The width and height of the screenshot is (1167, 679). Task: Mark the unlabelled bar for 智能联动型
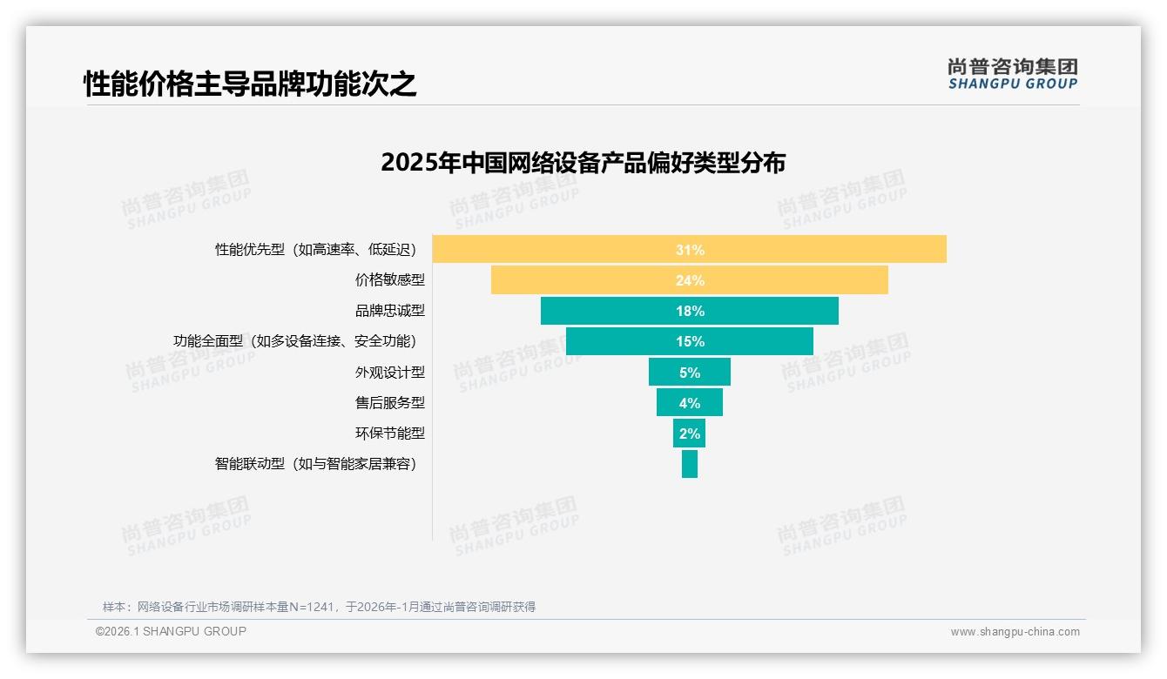click(x=690, y=464)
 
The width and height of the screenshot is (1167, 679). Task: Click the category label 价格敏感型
click(x=389, y=280)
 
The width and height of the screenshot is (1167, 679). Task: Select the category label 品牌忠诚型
click(x=389, y=311)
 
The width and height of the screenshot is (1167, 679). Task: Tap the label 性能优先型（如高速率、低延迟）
click(x=316, y=250)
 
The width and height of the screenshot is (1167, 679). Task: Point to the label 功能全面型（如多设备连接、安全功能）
click(x=295, y=341)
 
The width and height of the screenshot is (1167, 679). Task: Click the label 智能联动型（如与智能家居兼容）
click(x=316, y=464)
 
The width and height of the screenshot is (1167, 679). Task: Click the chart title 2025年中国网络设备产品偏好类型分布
click(x=583, y=163)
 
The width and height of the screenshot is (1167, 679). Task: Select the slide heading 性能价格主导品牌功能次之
click(x=250, y=84)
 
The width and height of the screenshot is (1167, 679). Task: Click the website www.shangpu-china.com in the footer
click(x=1015, y=632)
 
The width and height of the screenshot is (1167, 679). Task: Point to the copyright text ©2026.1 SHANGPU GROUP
click(x=171, y=631)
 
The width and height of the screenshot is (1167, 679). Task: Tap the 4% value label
click(x=690, y=403)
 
